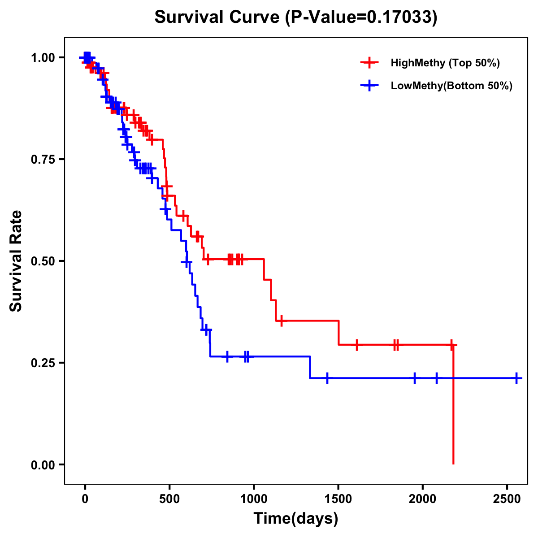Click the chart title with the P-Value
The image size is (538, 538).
pyautogui.click(x=295, y=17)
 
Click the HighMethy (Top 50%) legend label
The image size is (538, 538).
pyautogui.click(x=445, y=63)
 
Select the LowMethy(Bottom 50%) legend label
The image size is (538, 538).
pyautogui.click(x=451, y=86)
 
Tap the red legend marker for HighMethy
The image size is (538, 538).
pyautogui.click(x=369, y=63)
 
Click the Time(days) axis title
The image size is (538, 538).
pyautogui.click(x=296, y=519)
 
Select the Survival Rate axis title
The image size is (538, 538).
pyautogui.click(x=16, y=261)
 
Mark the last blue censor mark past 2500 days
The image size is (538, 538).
pyautogui.click(x=516, y=378)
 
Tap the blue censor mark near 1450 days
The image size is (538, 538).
pyautogui.click(x=327, y=378)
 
